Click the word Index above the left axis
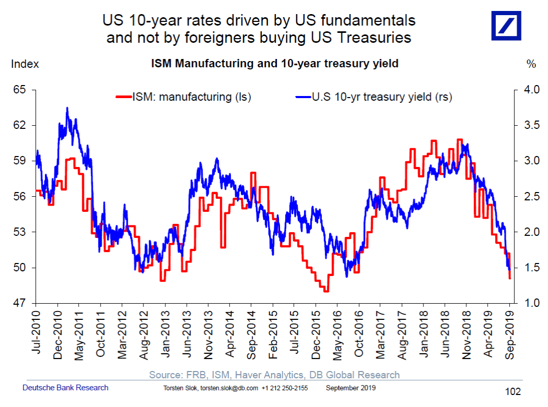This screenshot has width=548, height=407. click(x=25, y=64)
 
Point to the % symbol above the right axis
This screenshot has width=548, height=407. click(x=531, y=64)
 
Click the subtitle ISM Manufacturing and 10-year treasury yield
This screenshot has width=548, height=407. click(x=275, y=64)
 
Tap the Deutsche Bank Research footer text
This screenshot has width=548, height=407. click(x=66, y=388)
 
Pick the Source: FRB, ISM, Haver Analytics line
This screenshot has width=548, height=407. click(x=274, y=375)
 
